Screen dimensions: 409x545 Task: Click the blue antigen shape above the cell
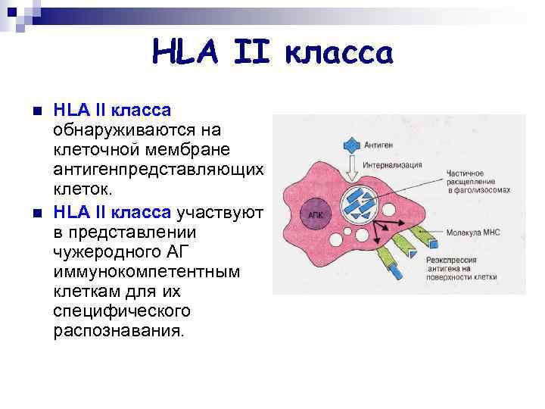point(353,143)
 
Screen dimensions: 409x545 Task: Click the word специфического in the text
point(123,311)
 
